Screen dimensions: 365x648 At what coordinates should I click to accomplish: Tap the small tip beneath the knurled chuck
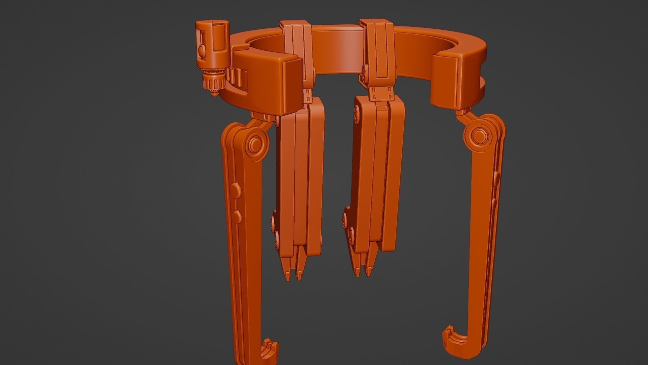coord(213,95)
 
